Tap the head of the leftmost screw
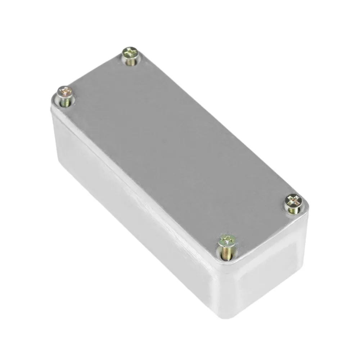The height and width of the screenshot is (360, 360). [x=65, y=92]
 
